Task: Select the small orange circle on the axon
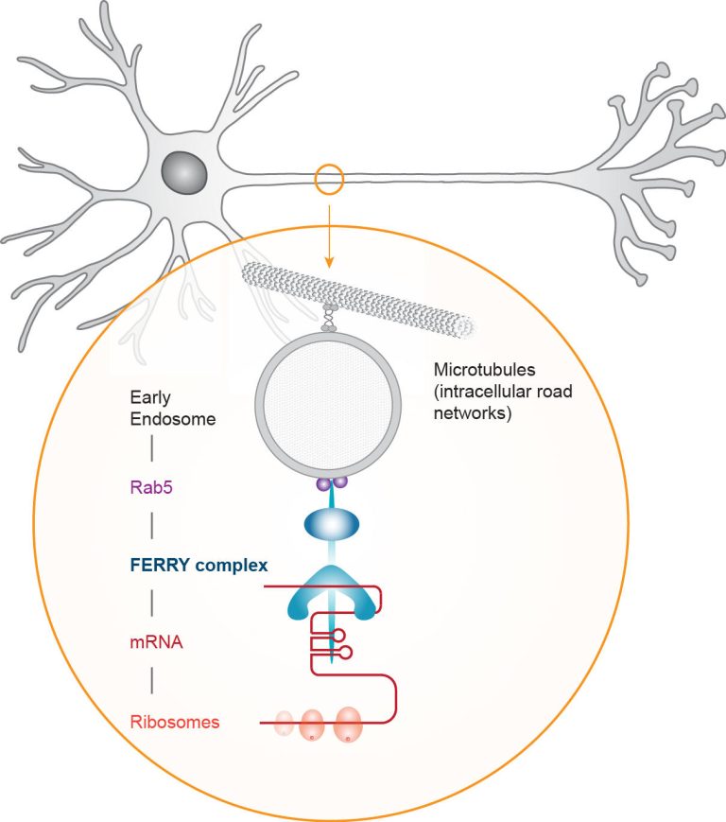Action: [330, 179]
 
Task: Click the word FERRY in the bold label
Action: [156, 565]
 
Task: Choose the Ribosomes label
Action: [174, 722]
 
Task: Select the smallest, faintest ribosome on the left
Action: [285, 725]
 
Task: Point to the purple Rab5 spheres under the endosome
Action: [331, 483]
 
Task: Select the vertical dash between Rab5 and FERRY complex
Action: [153, 526]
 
